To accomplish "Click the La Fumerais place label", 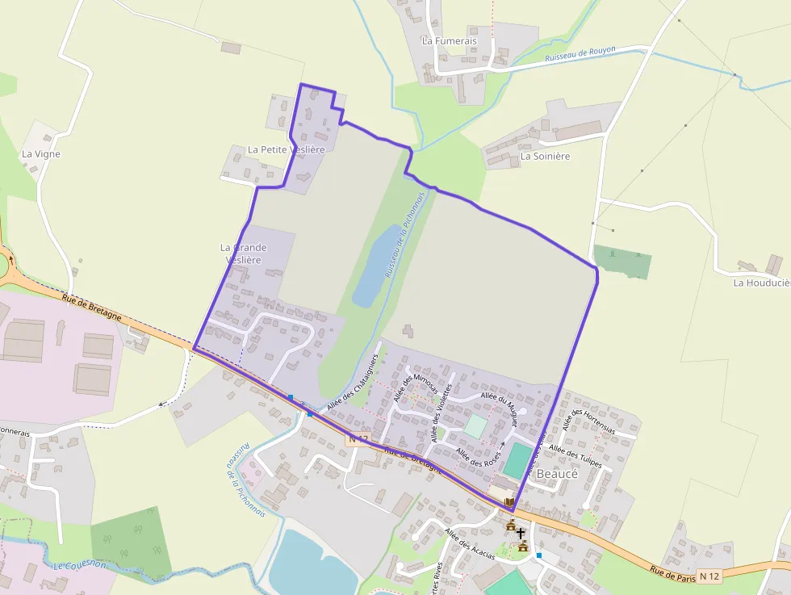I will (x=449, y=40).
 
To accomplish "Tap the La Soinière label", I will (x=545, y=156).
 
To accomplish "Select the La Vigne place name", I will (x=41, y=153).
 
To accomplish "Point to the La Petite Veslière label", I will (x=286, y=149).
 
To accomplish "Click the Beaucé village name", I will (x=557, y=474).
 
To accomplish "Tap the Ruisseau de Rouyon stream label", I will (x=580, y=54).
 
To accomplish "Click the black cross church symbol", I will (x=521, y=534).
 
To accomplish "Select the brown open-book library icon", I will (x=509, y=503).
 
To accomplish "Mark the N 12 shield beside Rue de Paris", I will (x=709, y=576).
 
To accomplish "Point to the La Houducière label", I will (x=761, y=283).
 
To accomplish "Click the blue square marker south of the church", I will (x=539, y=555).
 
